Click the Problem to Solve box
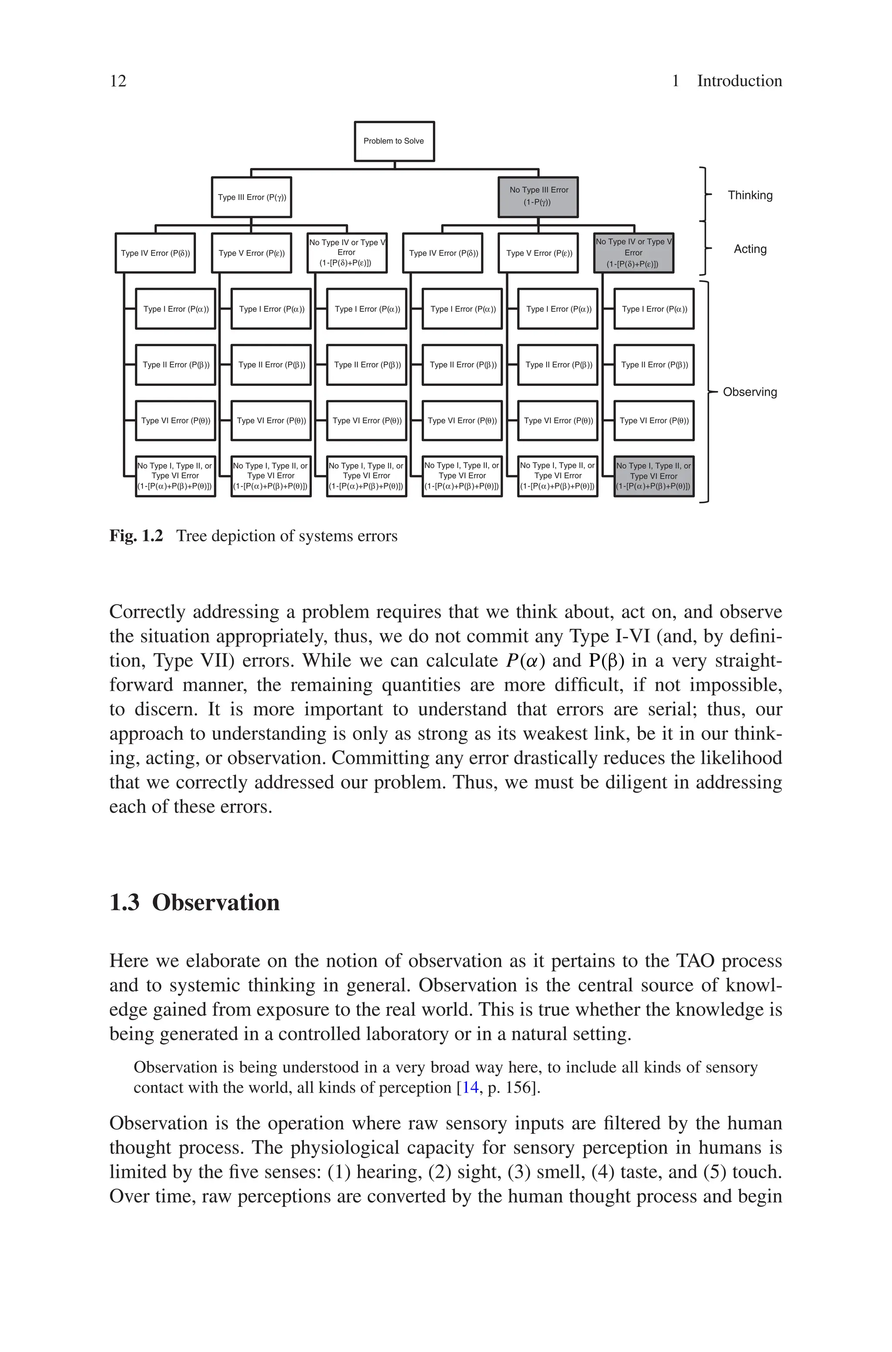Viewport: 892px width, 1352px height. [x=394, y=141]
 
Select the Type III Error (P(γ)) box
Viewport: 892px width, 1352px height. [x=251, y=197]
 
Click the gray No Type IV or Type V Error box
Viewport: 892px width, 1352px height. [x=633, y=253]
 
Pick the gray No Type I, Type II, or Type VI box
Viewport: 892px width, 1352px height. [x=654, y=476]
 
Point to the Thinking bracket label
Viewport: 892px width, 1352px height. [x=750, y=196]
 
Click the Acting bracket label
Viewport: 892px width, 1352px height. [x=750, y=249]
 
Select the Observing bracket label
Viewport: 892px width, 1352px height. [x=749, y=392]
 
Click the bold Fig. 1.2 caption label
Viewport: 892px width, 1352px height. [x=136, y=536]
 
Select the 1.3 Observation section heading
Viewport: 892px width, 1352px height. [x=195, y=902]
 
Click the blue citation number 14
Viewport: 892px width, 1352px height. [x=470, y=1087]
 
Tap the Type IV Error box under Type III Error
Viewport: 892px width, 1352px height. [x=155, y=253]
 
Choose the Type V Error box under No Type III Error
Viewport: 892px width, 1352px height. [x=538, y=253]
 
